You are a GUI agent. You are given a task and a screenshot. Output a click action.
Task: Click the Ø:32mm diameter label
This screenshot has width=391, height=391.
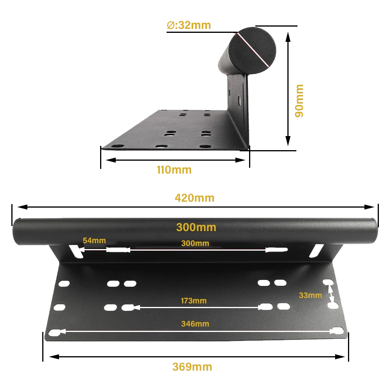(x=189, y=25)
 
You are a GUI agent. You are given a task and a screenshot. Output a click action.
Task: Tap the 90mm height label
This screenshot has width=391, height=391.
(x=299, y=101)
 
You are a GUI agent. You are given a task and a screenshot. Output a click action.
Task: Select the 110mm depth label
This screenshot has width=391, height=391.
(x=174, y=170)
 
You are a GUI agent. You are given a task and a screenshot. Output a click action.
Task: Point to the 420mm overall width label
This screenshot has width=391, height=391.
(x=194, y=198)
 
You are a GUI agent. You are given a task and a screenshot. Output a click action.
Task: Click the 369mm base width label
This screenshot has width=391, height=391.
(x=192, y=367)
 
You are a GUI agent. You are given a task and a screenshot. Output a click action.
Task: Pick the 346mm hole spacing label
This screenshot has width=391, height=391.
(x=195, y=324)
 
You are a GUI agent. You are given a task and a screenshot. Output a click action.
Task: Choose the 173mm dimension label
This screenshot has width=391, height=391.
(x=194, y=301)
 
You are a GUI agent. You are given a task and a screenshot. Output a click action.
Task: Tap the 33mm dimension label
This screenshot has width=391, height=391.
(x=310, y=295)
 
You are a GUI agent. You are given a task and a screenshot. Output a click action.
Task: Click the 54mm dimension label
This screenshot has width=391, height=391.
(x=94, y=240)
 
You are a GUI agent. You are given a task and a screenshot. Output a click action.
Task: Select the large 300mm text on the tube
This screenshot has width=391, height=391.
(x=196, y=227)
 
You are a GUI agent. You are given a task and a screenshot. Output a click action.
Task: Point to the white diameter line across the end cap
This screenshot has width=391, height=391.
(x=253, y=50)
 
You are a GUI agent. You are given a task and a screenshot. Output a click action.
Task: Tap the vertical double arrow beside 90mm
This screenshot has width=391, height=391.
(x=288, y=89)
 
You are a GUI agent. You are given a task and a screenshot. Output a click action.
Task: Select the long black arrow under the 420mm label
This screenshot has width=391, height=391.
(x=196, y=207)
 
